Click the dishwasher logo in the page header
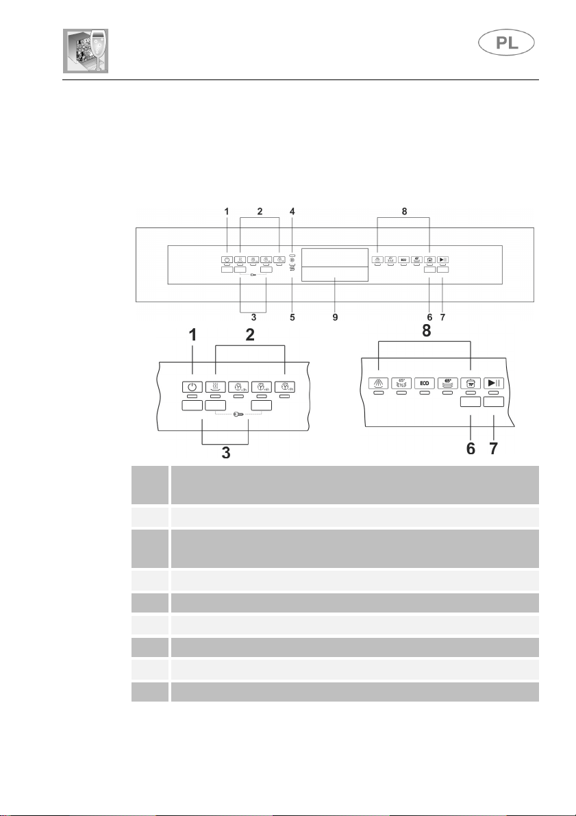(x=86, y=52)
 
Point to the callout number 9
(x=335, y=317)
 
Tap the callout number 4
(x=292, y=212)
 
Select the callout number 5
(x=292, y=317)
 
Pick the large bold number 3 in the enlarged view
(x=225, y=453)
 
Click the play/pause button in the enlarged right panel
(x=494, y=384)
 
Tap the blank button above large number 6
(x=469, y=402)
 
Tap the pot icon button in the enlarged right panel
(x=470, y=384)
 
